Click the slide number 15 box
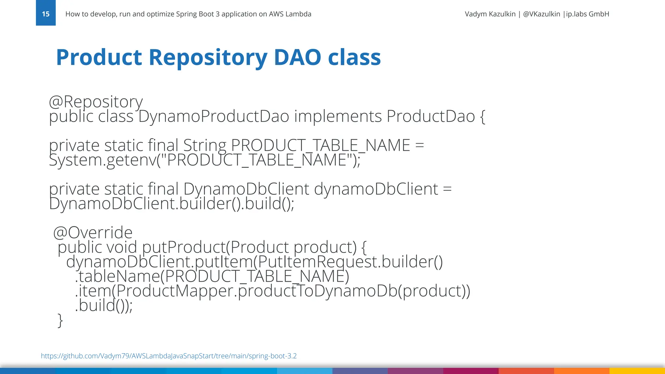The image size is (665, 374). coord(46,13)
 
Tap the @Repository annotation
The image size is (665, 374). coord(96,102)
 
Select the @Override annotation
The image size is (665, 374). coord(93,232)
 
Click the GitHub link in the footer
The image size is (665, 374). coord(169,356)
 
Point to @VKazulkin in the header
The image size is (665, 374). coord(541,14)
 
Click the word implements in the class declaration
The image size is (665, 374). coord(338,116)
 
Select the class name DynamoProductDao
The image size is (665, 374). coord(214,116)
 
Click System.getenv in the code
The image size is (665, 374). coord(103,160)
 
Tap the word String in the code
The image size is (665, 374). coord(205,145)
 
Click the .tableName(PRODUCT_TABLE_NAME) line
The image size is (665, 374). coord(212,276)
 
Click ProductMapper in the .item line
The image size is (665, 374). coord(175,291)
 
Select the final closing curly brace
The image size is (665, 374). coord(60,320)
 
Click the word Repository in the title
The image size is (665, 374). coord(208,57)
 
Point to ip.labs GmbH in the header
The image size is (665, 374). coord(587,14)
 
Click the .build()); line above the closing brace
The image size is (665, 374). coord(104,305)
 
